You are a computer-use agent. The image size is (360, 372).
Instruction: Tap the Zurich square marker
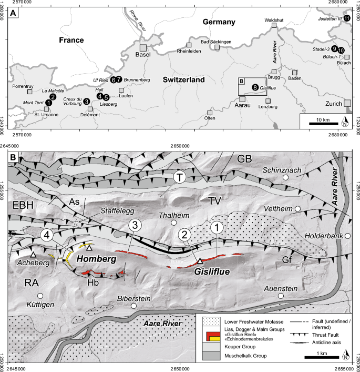[347, 103]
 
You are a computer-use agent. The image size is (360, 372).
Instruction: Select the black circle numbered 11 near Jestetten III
[346, 18]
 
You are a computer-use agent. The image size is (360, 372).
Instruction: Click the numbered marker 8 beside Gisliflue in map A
[255, 87]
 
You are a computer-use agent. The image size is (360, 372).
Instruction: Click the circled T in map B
[180, 178]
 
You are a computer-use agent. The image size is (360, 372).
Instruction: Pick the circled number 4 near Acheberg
[48, 235]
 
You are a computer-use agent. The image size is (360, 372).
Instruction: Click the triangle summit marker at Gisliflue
[200, 260]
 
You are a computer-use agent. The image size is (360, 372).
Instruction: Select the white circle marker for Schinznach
[285, 178]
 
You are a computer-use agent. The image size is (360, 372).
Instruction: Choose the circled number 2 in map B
[184, 235]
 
